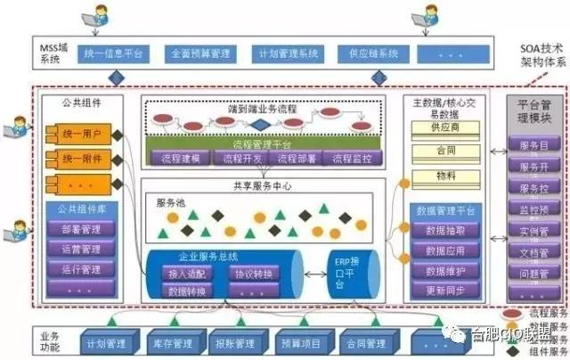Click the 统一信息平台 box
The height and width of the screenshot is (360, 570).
click(x=114, y=53)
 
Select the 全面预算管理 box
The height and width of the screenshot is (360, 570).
click(x=200, y=53)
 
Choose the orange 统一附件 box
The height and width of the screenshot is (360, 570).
click(x=82, y=159)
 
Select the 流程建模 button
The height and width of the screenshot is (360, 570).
click(x=181, y=159)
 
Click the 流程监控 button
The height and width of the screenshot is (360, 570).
click(x=354, y=159)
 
